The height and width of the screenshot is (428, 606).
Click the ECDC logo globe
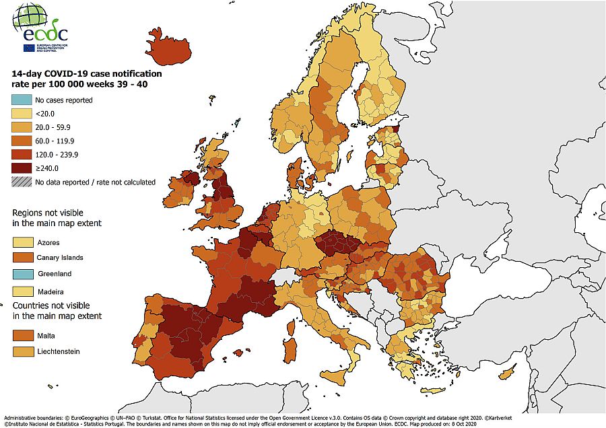point(28,17)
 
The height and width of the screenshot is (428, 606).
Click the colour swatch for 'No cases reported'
point(21,100)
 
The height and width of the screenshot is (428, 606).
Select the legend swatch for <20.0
point(21,114)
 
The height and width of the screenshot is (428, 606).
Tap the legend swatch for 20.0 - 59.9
point(21,127)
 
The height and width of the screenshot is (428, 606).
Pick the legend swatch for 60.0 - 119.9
point(21,141)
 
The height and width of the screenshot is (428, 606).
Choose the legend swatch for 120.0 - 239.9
point(21,154)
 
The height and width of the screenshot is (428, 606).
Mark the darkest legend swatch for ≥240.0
point(21,168)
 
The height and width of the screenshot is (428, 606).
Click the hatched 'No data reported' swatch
point(21,182)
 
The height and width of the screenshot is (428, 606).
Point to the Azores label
point(48,242)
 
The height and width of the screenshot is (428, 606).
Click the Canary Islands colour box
point(21,258)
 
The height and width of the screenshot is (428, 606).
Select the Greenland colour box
point(21,274)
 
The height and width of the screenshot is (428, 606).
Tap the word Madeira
point(50,291)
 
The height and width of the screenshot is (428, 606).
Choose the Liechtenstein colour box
point(21,351)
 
